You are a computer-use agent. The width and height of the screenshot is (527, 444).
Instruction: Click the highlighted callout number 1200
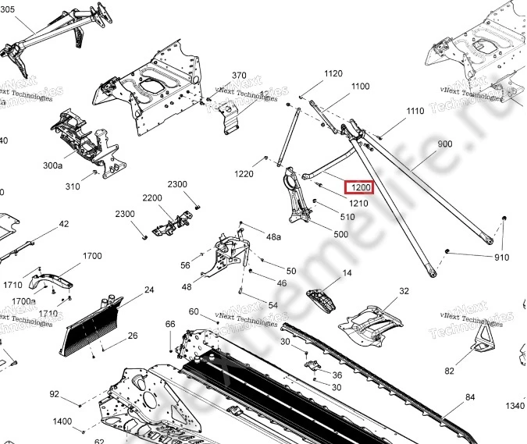coord(361,187)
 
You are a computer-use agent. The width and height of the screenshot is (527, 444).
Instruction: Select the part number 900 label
coord(445,144)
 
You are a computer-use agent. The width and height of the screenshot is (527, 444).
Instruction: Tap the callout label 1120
coord(333,74)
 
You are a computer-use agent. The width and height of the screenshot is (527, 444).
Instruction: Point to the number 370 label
coord(239,76)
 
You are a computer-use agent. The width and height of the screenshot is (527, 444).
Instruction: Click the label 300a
coord(52,165)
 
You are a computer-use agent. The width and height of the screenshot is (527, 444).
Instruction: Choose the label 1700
coord(92,256)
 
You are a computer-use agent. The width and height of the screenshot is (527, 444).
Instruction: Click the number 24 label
coord(149,290)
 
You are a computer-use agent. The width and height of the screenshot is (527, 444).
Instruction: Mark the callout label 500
coord(341,234)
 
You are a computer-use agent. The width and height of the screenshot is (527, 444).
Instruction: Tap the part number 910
coord(501,258)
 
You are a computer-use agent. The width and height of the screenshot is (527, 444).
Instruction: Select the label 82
coord(450,371)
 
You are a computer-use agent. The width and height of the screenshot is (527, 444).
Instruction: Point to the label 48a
coord(273,236)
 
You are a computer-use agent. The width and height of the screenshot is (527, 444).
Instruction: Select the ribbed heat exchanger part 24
coord(94,328)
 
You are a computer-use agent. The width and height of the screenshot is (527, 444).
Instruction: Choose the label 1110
coord(415,112)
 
